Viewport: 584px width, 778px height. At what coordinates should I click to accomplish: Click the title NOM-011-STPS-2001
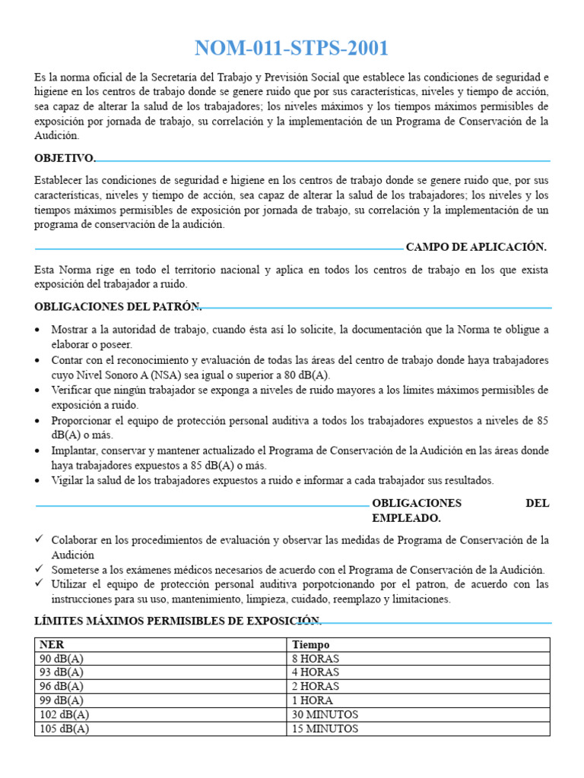[x=291, y=49]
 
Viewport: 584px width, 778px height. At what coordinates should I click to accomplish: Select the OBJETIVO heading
[x=65, y=158]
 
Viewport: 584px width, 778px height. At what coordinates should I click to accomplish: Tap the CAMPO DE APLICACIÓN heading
[x=476, y=247]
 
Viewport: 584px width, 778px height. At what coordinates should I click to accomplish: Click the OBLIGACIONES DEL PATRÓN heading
[x=117, y=306]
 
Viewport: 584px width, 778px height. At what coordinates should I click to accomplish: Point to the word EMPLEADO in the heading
[x=405, y=517]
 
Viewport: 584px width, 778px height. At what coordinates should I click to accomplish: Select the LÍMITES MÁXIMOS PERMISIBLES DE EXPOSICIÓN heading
[x=177, y=621]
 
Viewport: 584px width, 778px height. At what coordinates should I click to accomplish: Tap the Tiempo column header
[x=311, y=644]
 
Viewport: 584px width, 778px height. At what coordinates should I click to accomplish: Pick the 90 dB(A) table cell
[x=62, y=658]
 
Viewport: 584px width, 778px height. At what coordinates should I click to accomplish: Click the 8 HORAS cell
[x=316, y=658]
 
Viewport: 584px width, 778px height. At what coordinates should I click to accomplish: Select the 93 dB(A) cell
[x=62, y=672]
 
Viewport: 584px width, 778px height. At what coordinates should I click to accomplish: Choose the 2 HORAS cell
[x=316, y=686]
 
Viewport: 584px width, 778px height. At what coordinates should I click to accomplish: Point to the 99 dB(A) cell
[x=62, y=701]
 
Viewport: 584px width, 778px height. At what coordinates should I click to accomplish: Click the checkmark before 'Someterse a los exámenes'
[x=40, y=569]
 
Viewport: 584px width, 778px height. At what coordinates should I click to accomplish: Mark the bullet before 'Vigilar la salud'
[x=39, y=481]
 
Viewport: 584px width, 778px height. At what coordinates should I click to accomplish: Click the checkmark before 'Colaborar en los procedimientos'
[x=40, y=539]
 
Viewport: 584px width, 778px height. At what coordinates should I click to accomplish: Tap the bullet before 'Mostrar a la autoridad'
[x=39, y=330]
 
